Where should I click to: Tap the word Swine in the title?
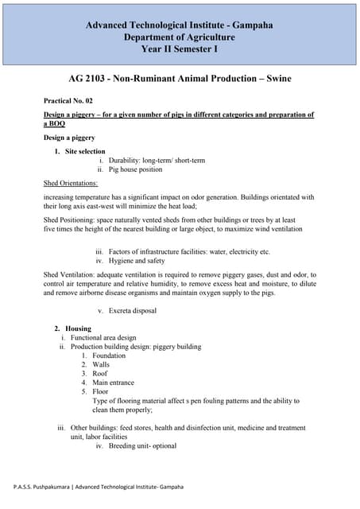270,80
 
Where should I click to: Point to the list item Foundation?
109,356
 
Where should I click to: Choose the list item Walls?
101,364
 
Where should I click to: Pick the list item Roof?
100,374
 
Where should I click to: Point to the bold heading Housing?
79,328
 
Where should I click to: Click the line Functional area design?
103,337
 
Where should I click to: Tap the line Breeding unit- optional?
142,446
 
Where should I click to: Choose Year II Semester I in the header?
180,49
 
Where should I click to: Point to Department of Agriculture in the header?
180,37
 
